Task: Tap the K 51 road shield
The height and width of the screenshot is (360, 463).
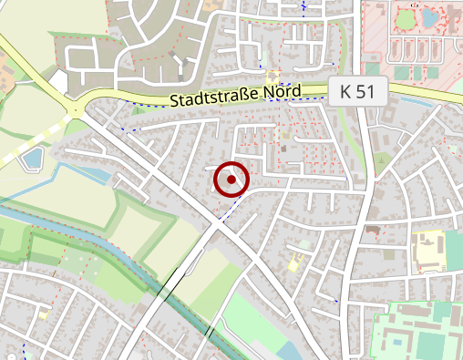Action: click(x=358, y=90)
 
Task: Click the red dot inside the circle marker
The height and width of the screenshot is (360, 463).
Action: click(x=231, y=180)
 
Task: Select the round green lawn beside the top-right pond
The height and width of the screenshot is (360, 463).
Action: click(x=404, y=18)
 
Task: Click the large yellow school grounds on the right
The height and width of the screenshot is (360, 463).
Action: click(x=427, y=252)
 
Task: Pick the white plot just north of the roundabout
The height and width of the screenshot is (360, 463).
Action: click(x=58, y=82)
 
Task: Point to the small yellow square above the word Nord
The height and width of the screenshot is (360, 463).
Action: click(x=273, y=76)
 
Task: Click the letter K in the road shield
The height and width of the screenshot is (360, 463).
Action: click(x=346, y=90)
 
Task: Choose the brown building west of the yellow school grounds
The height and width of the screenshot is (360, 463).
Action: click(x=371, y=228)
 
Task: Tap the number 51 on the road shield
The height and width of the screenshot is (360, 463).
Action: click(x=366, y=90)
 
